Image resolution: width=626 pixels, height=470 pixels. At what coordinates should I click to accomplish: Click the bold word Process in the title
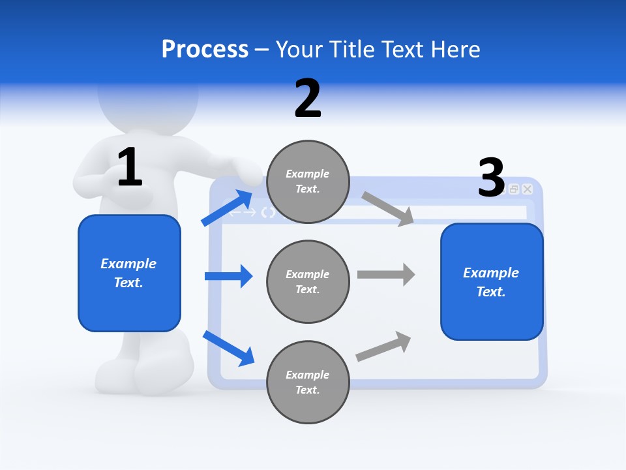[205, 50]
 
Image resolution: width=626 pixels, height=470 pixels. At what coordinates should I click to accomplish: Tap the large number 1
[129, 167]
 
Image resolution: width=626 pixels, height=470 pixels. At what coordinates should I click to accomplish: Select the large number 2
[308, 99]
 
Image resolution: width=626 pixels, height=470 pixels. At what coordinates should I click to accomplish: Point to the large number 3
[491, 178]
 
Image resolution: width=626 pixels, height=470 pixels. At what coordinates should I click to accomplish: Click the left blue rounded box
[129, 273]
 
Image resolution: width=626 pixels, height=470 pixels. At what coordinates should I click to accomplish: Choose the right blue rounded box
[492, 281]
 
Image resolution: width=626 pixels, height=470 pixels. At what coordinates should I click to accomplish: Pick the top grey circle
[308, 181]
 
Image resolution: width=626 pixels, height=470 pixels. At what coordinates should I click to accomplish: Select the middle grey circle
[308, 281]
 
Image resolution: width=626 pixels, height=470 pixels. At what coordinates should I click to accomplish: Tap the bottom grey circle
[308, 382]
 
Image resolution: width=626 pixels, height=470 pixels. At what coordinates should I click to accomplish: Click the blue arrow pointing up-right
[228, 208]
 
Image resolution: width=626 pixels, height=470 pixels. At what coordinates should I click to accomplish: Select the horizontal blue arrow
[228, 276]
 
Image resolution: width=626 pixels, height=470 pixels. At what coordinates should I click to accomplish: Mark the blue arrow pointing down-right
[228, 347]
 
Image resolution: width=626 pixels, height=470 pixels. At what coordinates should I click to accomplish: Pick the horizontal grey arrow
[385, 274]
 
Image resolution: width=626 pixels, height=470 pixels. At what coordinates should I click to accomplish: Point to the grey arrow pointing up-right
[384, 347]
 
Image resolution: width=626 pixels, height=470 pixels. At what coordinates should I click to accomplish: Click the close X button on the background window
[528, 189]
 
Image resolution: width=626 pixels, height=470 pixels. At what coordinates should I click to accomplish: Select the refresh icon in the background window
[268, 212]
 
